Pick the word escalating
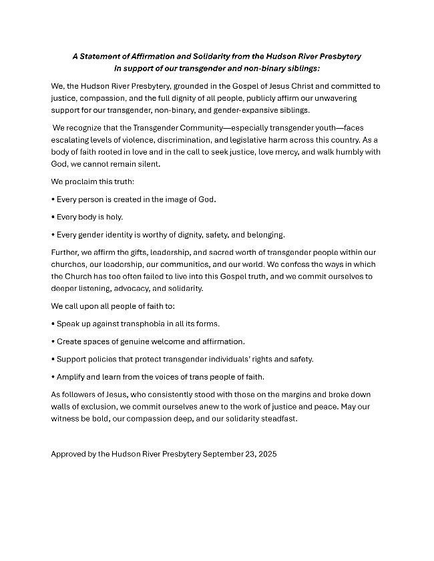pyautogui.click(x=69, y=139)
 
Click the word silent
pyautogui.click(x=148, y=163)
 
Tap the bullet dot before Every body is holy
pyautogui.click(x=53, y=217)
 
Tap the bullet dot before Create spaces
pyautogui.click(x=53, y=342)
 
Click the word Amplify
pyautogui.click(x=71, y=377)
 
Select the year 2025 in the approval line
pyautogui.click(x=265, y=454)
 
